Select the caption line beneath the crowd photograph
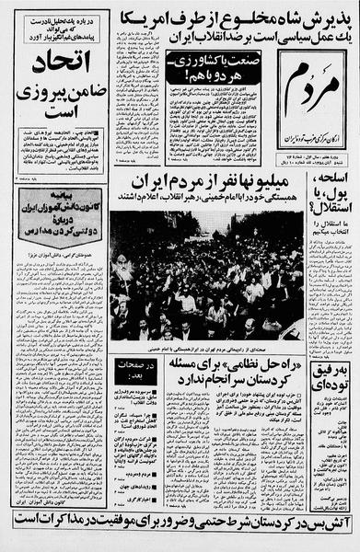[207, 347]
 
